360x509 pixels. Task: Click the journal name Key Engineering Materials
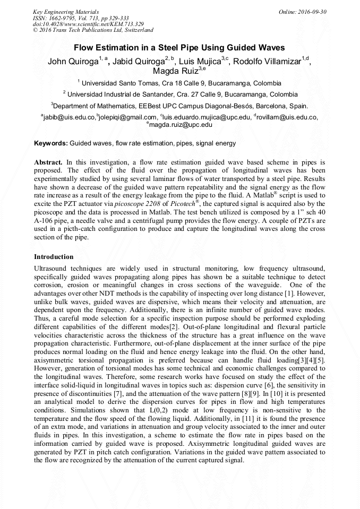(66, 12)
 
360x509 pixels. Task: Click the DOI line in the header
(88, 24)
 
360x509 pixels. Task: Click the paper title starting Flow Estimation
(179, 48)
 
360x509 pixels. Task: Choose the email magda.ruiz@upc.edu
(181, 125)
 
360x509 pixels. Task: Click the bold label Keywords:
(51, 143)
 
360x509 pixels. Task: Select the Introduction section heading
(54, 257)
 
